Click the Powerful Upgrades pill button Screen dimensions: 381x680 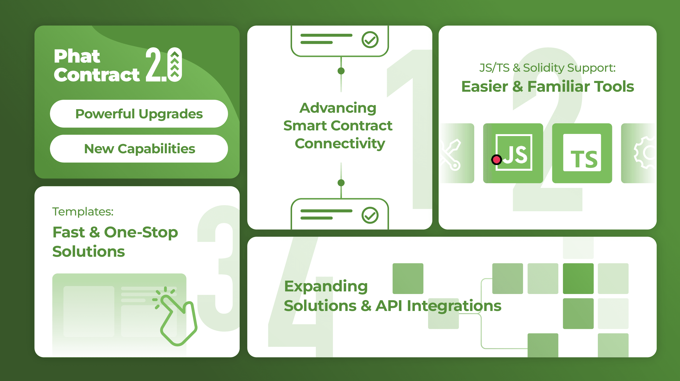[139, 114]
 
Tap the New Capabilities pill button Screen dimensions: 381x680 [139, 149]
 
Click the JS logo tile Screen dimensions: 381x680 [513, 153]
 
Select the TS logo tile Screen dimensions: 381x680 [582, 153]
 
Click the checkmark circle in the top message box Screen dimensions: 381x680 [370, 40]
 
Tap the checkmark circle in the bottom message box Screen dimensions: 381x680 [370, 215]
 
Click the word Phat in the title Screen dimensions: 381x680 [77, 56]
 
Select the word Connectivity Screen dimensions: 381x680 [340, 144]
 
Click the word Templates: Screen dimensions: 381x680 [83, 211]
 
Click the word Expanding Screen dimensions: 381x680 [326, 286]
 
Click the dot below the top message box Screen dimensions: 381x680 [341, 71]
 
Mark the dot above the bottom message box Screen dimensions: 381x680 [341, 183]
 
